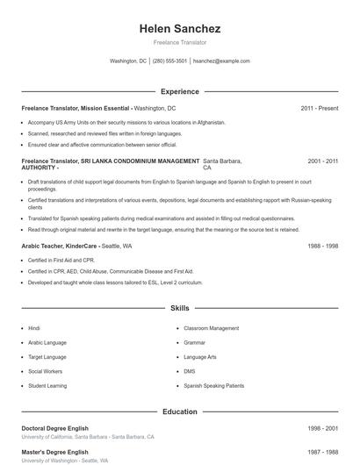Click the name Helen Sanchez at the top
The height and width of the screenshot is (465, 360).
coord(179,29)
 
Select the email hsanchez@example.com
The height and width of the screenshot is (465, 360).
coord(221,61)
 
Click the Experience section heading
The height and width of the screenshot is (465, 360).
coord(179,91)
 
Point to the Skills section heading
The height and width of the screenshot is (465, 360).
coord(179,309)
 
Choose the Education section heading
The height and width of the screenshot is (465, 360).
coord(179,411)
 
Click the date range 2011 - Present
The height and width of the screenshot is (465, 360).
coord(319,108)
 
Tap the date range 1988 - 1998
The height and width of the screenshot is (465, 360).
coord(320,247)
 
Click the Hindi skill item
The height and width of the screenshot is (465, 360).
coord(34,328)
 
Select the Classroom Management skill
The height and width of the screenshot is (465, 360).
coord(211,328)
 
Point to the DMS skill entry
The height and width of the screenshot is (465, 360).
coord(190,371)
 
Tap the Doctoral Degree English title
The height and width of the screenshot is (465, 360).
coord(54,428)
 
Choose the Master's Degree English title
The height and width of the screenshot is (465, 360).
coord(54,452)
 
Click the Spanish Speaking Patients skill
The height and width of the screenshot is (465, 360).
coord(214,385)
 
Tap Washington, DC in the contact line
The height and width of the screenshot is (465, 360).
coord(128,61)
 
